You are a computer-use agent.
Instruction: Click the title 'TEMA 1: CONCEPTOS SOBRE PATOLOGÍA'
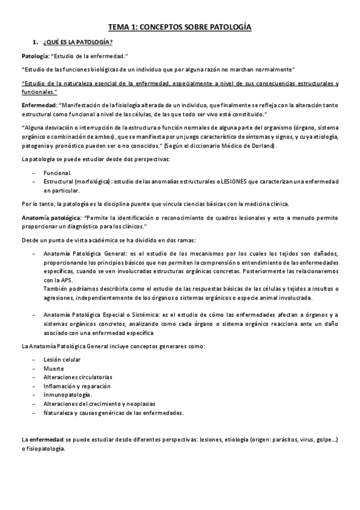(x=180, y=27)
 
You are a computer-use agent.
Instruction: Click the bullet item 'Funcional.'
(x=58, y=173)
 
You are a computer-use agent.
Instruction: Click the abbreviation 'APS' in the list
(x=63, y=280)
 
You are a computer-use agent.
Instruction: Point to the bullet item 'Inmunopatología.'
(x=67, y=395)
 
